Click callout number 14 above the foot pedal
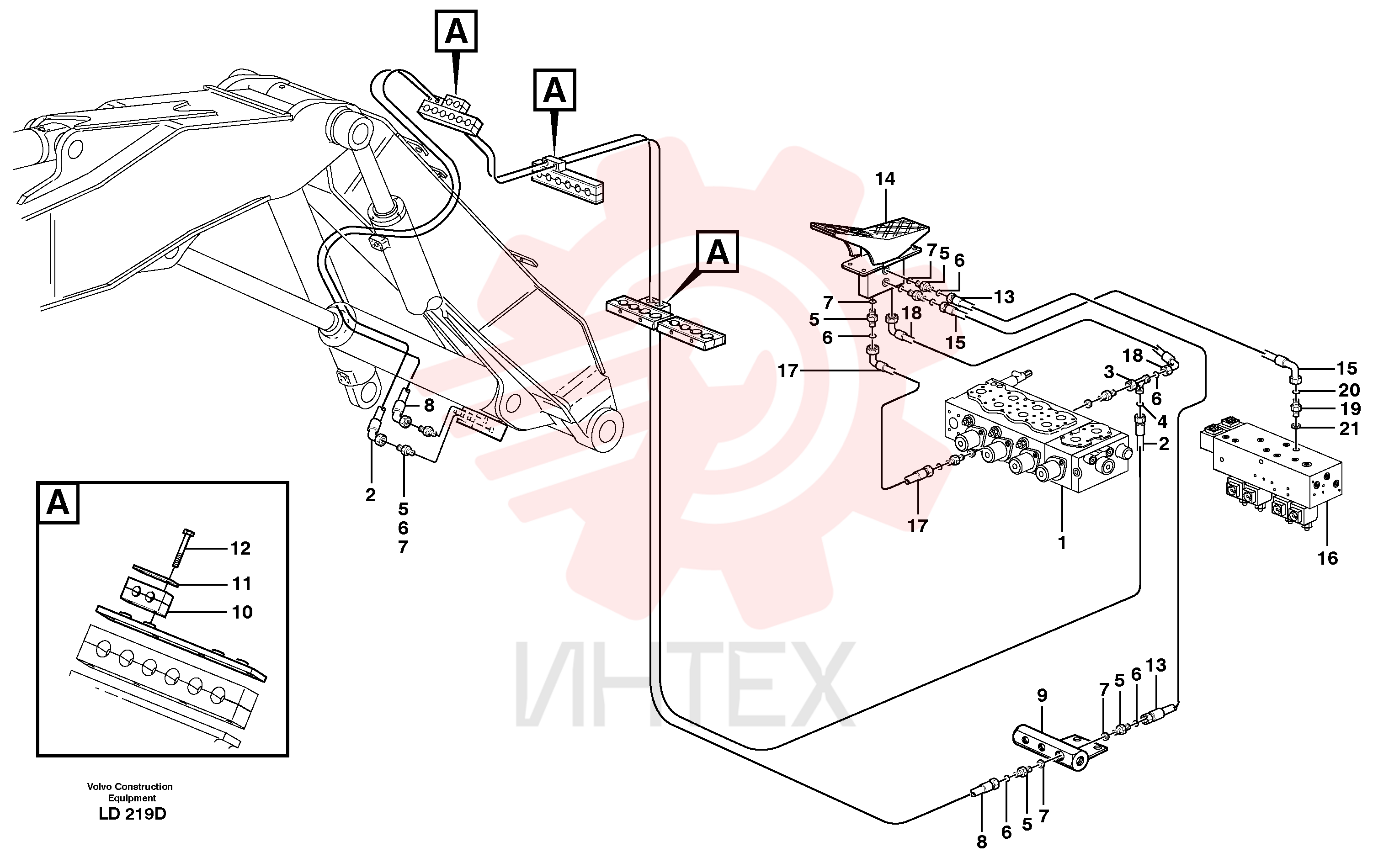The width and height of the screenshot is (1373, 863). coord(885,179)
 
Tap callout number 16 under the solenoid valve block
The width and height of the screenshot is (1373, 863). coord(1327,557)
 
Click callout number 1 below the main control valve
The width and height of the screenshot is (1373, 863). coord(1062,543)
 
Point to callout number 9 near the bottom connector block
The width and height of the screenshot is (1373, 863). coord(1042,695)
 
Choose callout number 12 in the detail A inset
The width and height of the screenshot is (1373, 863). coord(240,548)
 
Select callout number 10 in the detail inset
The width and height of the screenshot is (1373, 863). coord(242,612)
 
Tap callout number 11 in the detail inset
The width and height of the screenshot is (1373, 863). coord(241,584)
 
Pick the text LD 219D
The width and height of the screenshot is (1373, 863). coord(132,814)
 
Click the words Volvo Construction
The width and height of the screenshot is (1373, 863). coord(130,787)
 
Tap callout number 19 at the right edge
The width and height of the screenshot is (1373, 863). coord(1350,409)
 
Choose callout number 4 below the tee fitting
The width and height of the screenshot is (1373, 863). coord(1162,422)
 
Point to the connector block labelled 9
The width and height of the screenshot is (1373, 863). coord(1059,748)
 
